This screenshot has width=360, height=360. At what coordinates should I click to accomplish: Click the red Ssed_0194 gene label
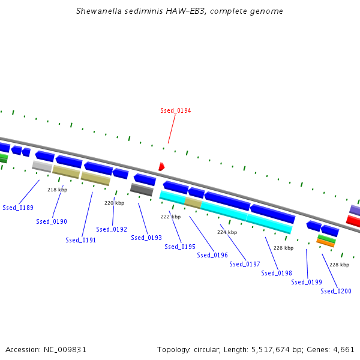(x=175, y=110)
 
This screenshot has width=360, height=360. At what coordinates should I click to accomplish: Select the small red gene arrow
(x=161, y=166)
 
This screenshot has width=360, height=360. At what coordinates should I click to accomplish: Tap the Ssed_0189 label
(x=18, y=208)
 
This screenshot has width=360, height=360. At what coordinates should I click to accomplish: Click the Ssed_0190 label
(x=52, y=221)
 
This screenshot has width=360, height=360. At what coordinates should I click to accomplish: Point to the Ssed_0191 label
(x=81, y=240)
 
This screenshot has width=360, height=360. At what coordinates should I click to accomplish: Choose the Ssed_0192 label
(x=112, y=229)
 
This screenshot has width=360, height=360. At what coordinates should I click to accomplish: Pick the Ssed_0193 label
(x=146, y=238)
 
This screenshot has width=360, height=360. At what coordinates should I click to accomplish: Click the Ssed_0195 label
(x=180, y=247)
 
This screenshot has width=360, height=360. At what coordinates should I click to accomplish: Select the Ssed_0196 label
(x=212, y=255)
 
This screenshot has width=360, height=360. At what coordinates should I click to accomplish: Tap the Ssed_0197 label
(x=245, y=264)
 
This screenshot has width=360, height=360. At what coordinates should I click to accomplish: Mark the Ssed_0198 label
(x=277, y=273)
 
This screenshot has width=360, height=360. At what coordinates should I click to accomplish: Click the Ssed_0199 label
(x=307, y=282)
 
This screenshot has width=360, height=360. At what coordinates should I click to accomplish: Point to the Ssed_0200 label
(x=336, y=291)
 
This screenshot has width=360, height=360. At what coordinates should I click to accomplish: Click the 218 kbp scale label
(x=57, y=190)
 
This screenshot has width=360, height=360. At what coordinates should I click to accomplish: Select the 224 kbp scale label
(x=227, y=232)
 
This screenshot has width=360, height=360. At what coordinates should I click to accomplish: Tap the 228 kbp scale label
(x=339, y=265)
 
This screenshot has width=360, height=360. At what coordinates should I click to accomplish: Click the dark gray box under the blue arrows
(x=142, y=190)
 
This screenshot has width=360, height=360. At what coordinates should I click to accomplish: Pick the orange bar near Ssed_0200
(x=325, y=243)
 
